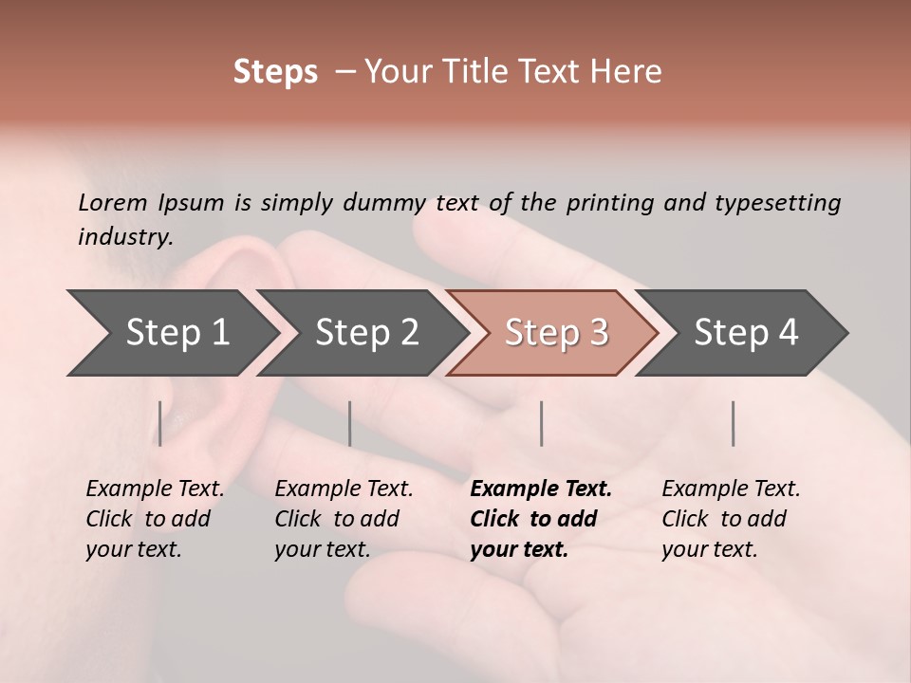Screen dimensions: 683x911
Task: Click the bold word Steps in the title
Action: (275, 72)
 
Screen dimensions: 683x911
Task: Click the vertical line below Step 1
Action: (160, 423)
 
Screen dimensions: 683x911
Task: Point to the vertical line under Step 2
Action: (350, 423)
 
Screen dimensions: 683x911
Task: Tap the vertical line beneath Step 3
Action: (541, 423)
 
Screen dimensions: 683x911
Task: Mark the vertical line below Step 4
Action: (733, 423)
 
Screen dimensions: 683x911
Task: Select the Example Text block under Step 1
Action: (155, 519)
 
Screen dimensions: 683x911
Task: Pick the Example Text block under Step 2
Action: (344, 519)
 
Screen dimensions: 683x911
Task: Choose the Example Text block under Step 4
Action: (731, 519)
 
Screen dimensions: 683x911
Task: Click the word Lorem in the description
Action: (113, 203)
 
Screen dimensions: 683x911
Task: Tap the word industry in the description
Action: (125, 237)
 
